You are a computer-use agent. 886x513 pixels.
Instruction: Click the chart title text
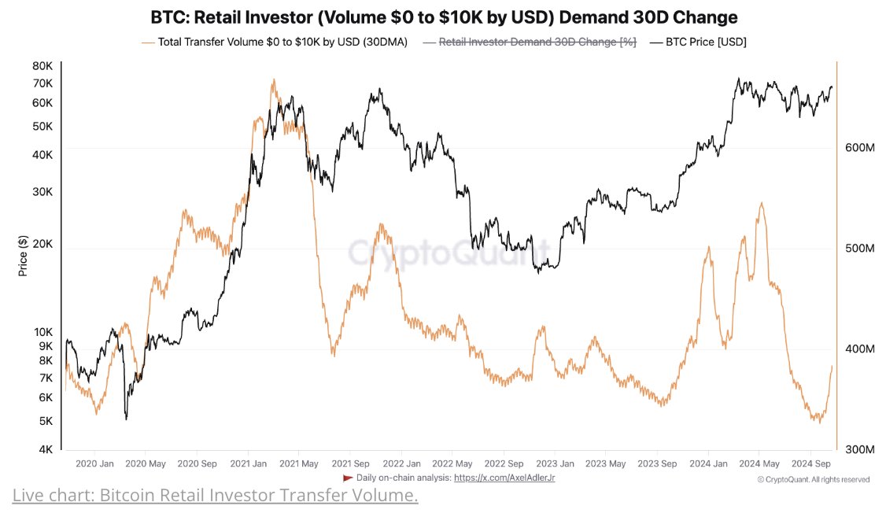pos(443,17)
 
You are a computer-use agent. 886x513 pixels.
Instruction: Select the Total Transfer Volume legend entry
pos(282,42)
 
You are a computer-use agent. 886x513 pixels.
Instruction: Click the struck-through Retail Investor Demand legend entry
pos(537,42)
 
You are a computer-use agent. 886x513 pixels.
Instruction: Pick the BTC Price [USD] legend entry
pos(703,42)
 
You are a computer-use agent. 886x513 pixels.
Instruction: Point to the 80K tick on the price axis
pos(41,66)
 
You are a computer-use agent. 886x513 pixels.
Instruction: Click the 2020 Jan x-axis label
pos(94,463)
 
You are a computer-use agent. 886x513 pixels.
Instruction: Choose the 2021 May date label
pos(298,463)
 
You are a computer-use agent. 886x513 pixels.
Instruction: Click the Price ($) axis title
pos(24,256)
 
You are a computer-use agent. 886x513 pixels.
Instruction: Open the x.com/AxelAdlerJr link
pos(504,478)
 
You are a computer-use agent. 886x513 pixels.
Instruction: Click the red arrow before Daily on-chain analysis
pos(349,478)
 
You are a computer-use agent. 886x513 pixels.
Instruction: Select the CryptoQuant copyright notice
pos(813,478)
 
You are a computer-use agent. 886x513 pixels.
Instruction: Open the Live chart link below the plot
pos(215,496)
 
